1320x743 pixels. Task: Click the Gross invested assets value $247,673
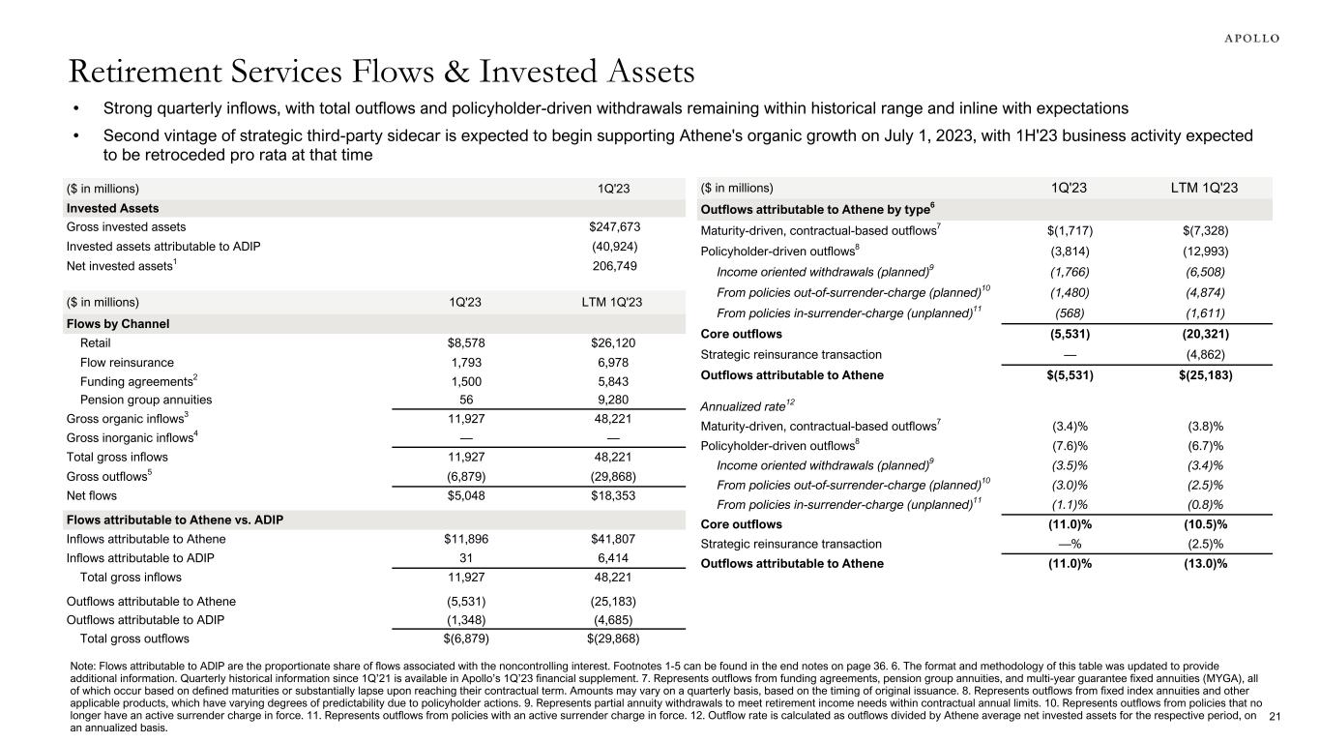tap(614, 227)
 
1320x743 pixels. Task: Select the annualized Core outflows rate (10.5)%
tap(1200, 525)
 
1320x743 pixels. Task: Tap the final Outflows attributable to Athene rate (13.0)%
tap(1200, 564)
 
